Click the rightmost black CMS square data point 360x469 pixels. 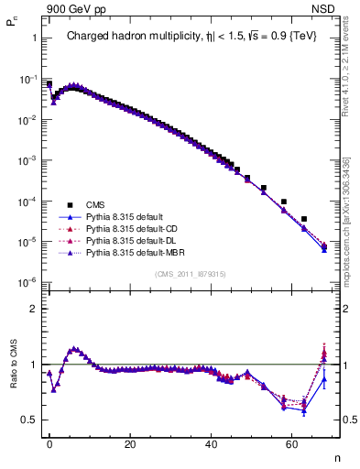pos(304,219)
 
